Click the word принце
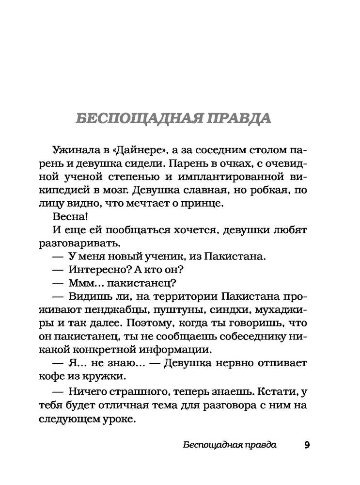(x=210, y=204)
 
